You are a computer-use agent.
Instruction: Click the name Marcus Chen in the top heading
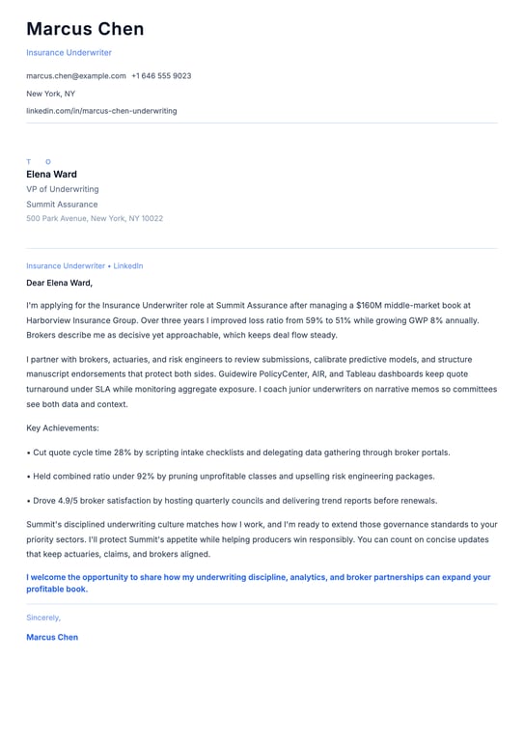85,29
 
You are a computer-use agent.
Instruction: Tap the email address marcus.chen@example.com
76,75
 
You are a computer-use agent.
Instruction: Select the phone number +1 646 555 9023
161,75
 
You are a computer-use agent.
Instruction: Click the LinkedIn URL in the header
101,111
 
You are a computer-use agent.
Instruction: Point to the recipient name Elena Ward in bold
51,175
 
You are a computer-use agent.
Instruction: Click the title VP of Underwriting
62,189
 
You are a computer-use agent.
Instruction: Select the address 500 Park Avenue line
95,218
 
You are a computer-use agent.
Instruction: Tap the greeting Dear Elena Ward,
59,283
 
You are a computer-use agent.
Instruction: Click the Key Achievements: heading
63,427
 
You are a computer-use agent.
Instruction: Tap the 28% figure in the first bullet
121,452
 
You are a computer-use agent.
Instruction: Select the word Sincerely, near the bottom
43,617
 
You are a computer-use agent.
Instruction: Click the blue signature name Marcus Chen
52,637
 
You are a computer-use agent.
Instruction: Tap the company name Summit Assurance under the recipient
62,205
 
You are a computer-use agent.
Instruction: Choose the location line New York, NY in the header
50,94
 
